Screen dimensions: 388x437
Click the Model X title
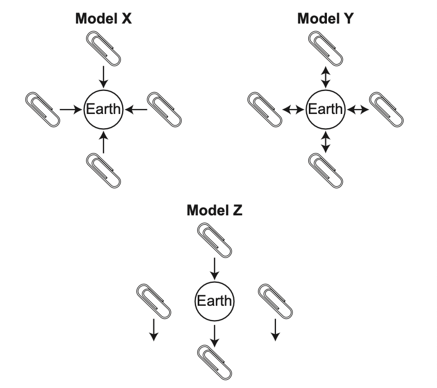point(104,19)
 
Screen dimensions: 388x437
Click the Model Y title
point(326,19)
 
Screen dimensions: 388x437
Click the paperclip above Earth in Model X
point(104,47)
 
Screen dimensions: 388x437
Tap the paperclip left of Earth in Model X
point(42,109)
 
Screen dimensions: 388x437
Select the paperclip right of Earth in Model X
point(165,109)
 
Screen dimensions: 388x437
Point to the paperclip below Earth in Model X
point(104,170)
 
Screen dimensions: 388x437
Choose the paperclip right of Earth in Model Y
point(387,109)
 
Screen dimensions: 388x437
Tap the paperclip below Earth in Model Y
point(326,170)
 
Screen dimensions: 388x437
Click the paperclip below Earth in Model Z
point(215,362)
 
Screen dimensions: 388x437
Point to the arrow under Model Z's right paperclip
point(275,329)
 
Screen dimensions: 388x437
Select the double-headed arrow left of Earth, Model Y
point(293,109)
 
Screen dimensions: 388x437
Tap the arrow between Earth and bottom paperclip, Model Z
point(215,334)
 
